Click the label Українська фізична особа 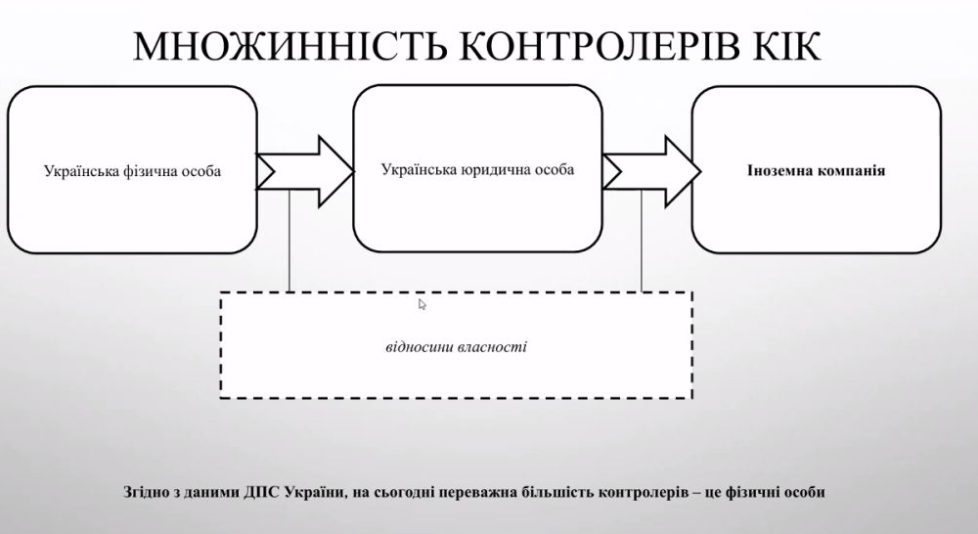(132, 171)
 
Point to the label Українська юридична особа (477, 169)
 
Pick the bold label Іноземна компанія (816, 170)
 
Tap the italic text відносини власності (457, 346)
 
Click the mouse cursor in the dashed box (422, 304)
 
